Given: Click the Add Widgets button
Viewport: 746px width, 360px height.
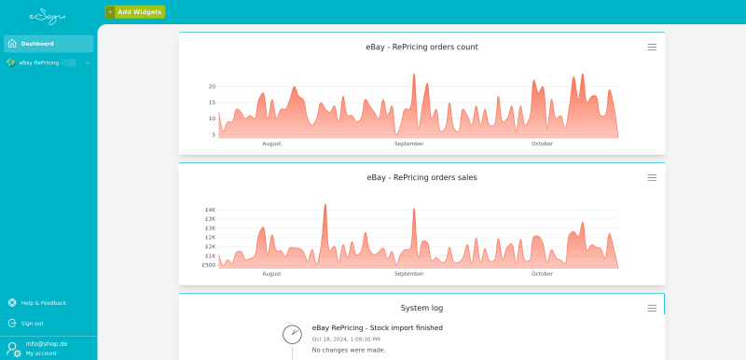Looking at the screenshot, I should click(135, 12).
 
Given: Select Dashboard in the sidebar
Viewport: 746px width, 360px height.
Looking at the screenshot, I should click(37, 44).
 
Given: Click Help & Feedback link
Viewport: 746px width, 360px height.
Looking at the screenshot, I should click(43, 302).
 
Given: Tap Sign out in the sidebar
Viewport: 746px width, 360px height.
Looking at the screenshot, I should click(32, 323).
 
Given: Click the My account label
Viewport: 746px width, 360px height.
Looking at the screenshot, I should click(41, 353).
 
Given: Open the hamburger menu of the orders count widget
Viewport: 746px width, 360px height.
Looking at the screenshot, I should click(652, 47).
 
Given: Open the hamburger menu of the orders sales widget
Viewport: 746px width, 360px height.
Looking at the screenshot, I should click(652, 177).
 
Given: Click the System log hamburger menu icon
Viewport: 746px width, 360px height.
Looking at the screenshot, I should click(652, 308).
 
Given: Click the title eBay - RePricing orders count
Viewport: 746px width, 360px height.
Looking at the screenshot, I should click(421, 47).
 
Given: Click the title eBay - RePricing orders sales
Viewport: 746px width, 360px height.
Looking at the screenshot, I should click(421, 177).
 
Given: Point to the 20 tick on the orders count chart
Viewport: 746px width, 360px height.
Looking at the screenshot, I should click(212, 86).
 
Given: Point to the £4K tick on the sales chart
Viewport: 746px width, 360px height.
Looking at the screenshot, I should click(210, 210).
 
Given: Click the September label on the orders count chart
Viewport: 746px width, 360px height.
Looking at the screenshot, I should click(408, 144).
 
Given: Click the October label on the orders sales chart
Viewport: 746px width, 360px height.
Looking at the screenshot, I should click(542, 274).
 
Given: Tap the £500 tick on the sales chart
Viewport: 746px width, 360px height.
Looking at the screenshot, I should click(209, 265).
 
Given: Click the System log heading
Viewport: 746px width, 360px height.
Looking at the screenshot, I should click(421, 308).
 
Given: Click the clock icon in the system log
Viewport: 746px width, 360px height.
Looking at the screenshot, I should click(292, 333).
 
